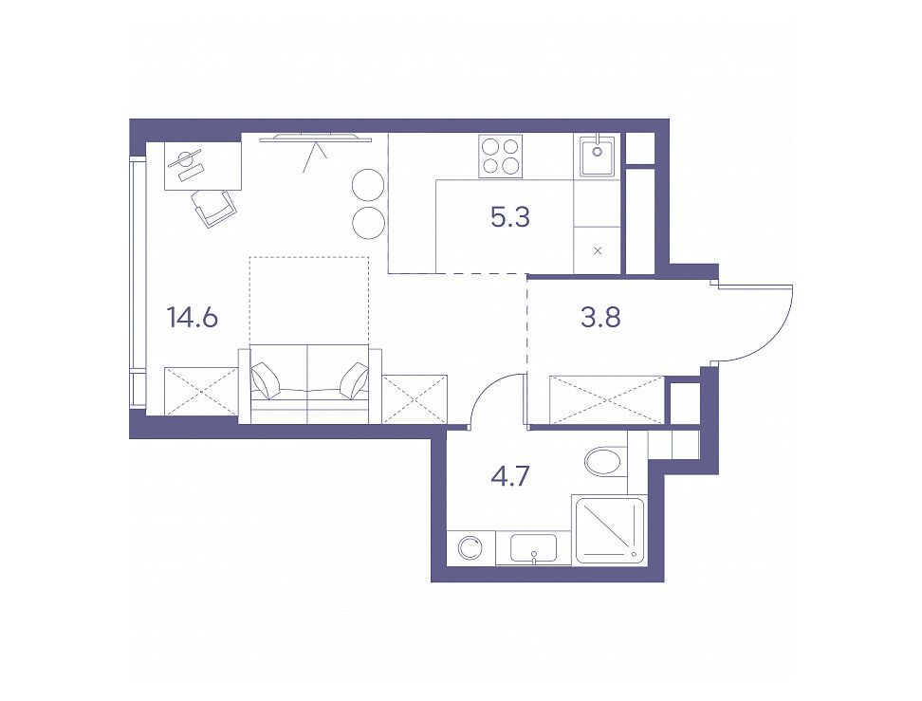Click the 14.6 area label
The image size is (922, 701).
[193, 318]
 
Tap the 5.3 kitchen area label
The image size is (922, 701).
[510, 217]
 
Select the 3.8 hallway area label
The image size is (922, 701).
[599, 318]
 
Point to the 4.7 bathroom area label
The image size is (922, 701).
[511, 475]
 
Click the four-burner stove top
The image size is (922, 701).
[501, 156]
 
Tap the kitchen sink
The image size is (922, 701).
[598, 156]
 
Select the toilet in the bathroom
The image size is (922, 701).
[605, 462]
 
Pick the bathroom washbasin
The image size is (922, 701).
[534, 548]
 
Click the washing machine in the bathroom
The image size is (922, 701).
[470, 548]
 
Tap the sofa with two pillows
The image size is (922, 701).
[310, 384]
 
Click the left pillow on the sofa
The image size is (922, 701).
[266, 379]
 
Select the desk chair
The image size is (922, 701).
[213, 208]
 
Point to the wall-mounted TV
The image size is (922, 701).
[317, 138]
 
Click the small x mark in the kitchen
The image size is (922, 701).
[598, 251]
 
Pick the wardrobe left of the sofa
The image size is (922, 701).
[202, 391]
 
